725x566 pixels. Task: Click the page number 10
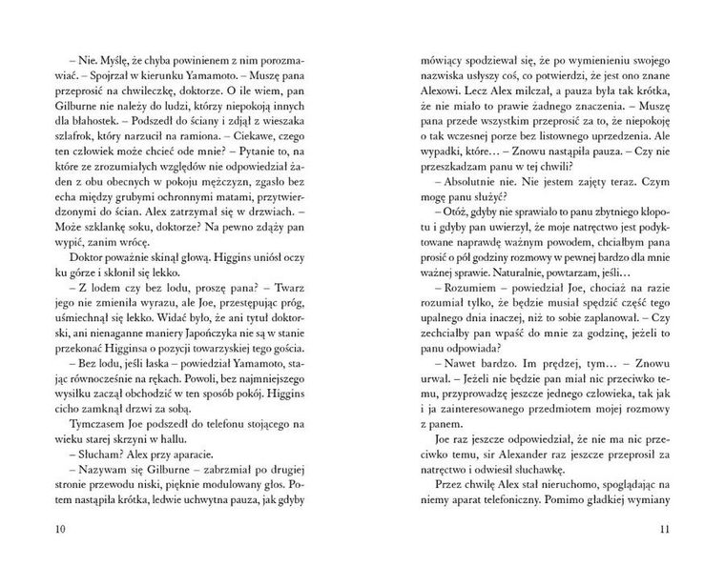(62, 529)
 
